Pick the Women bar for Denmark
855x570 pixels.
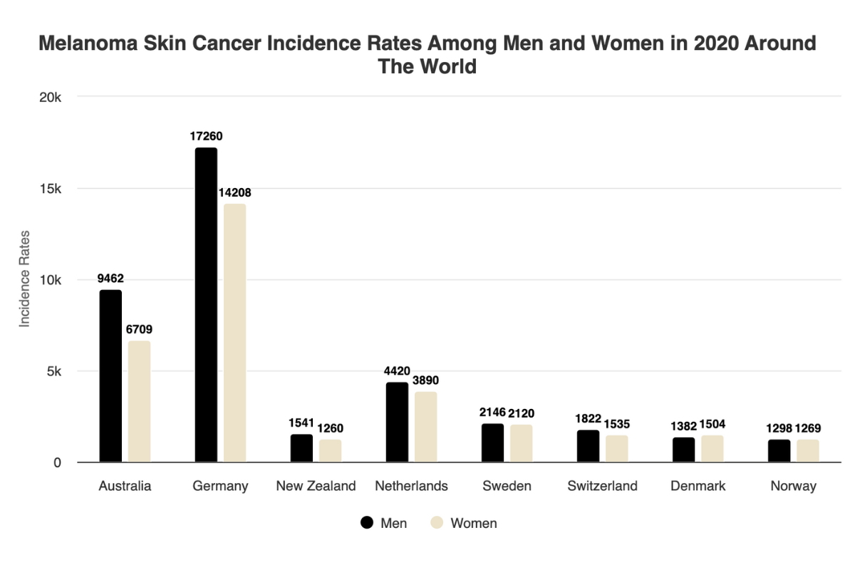coord(712,449)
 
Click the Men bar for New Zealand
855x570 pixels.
coord(301,448)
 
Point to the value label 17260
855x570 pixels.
coord(207,136)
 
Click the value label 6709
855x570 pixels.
coord(139,329)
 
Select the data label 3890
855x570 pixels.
coord(425,380)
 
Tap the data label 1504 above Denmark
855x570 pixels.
coord(712,425)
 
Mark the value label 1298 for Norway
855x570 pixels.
coord(779,428)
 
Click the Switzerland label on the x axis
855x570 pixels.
coord(602,487)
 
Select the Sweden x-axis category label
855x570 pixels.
coord(507,487)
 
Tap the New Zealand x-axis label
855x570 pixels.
coord(316,487)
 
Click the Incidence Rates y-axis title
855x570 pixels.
coord(25,279)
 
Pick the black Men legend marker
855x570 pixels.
coord(368,523)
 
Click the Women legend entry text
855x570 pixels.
coord(474,523)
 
